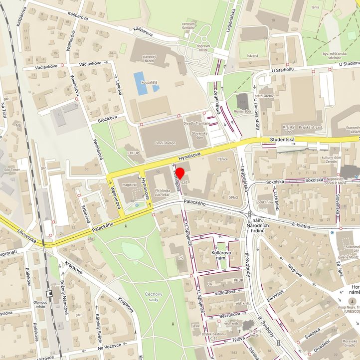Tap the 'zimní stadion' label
tap(165, 143)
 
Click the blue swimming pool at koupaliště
tap(140, 83)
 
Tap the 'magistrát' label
tap(129, 184)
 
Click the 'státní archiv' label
tap(263, 96)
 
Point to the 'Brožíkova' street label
tap(107, 118)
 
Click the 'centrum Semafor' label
tap(188, 26)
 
